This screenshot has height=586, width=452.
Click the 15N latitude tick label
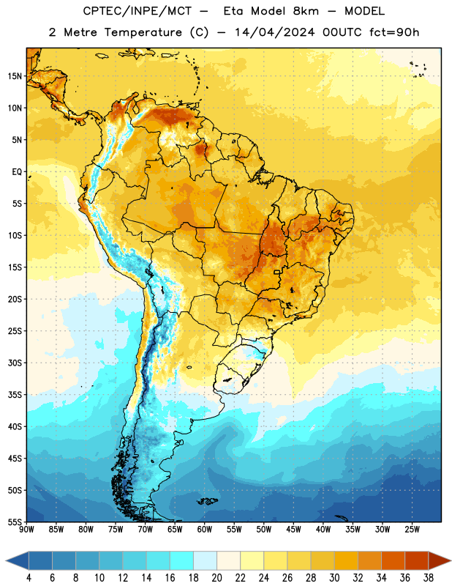tap(15, 76)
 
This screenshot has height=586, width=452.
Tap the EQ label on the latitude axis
tap(17, 172)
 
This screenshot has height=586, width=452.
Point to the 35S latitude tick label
tap(15, 395)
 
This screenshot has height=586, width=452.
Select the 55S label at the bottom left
tap(15, 522)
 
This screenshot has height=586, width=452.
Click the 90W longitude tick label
tap(26, 530)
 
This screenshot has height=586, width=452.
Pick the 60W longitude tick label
tap(205, 530)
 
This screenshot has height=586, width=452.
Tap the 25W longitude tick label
tap(412, 530)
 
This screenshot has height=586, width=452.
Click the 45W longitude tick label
tap(294, 530)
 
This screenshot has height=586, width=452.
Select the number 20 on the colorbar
tap(216, 578)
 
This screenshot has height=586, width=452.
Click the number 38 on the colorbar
tap(429, 578)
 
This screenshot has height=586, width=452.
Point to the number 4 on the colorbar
tap(29, 578)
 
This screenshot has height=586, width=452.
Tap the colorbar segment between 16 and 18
tap(182, 560)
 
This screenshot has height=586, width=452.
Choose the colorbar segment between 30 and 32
tap(346, 560)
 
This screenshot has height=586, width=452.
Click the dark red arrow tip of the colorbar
tap(449, 560)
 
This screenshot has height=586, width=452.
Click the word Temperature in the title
tap(143, 32)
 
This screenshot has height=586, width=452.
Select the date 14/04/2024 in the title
tap(275, 32)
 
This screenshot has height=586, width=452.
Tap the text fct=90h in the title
tap(394, 32)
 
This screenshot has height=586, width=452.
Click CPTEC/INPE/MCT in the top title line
tap(138, 11)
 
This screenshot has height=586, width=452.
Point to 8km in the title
tap(306, 11)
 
